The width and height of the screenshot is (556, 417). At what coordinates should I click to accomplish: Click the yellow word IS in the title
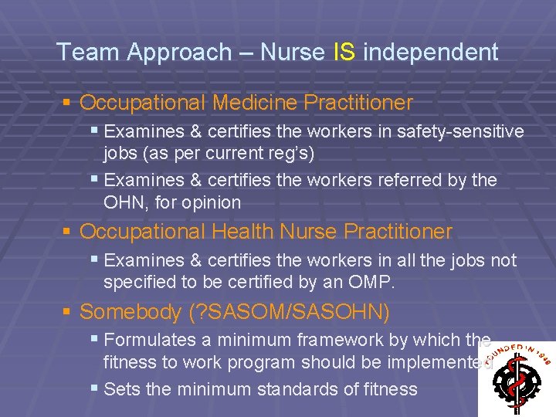pos(344,53)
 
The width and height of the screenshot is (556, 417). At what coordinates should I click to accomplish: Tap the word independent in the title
pos(431,53)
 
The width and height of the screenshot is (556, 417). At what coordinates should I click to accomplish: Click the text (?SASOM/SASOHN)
pos(289,312)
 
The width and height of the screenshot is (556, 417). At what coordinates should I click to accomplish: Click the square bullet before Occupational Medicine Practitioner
pos(68,102)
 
